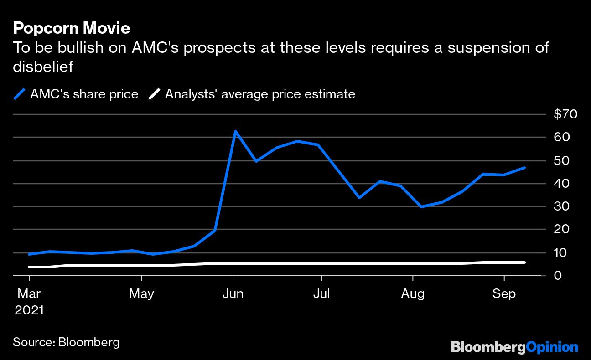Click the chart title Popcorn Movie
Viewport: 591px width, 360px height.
(x=72, y=28)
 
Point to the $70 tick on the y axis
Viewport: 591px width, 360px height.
(x=565, y=114)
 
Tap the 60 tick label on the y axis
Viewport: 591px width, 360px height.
(x=561, y=137)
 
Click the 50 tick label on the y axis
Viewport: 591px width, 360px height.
(x=561, y=160)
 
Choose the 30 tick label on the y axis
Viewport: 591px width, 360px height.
(x=561, y=206)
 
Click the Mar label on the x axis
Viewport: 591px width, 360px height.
(x=29, y=294)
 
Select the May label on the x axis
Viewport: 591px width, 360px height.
(x=141, y=294)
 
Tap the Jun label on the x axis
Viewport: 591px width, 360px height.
(x=233, y=294)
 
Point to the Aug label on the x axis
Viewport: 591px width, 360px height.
(x=413, y=294)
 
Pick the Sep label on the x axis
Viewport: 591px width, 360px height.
(x=504, y=294)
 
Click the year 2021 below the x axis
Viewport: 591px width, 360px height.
(x=29, y=310)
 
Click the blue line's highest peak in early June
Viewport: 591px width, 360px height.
(x=235, y=131)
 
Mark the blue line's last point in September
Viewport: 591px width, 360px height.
(x=524, y=168)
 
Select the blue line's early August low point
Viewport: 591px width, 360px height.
(x=422, y=206)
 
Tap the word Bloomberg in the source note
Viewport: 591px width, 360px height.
(x=89, y=342)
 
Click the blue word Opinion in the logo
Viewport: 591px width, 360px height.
(x=552, y=347)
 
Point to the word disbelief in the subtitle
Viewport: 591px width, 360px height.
(x=43, y=67)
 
